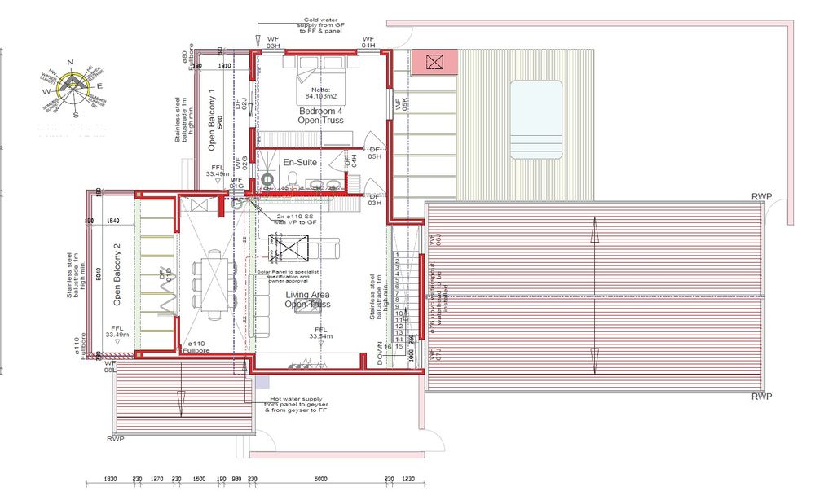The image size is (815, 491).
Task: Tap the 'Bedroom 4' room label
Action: pos(321,111)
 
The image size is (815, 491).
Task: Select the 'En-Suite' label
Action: pos(300,163)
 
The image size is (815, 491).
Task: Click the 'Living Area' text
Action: pos(307,295)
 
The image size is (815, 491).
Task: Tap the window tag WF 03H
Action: pos(272,43)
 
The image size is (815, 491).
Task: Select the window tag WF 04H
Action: pos(368,43)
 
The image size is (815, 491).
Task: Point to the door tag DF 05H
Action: pos(375,154)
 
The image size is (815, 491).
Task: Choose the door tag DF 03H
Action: pos(375,199)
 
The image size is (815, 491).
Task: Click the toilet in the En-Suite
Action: pos(267,178)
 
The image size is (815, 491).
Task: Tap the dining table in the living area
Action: pos(214,281)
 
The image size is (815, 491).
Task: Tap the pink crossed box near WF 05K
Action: pos(434,61)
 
